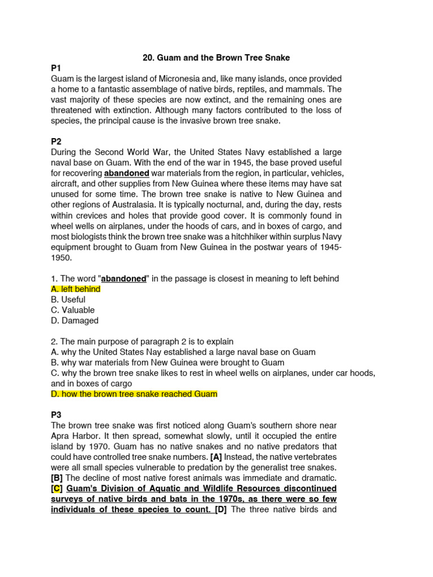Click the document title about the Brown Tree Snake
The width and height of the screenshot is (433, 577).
(216, 57)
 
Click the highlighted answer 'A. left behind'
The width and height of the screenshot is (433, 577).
(76, 289)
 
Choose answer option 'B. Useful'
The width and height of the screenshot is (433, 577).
(68, 300)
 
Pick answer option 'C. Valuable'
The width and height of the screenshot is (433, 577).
(73, 310)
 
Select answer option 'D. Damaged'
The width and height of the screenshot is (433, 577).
(74, 321)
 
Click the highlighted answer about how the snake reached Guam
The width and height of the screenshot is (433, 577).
(134, 394)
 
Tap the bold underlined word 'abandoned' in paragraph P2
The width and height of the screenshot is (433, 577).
(127, 174)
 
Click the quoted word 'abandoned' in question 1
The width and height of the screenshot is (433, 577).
(123, 279)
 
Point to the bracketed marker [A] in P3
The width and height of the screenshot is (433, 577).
(216, 457)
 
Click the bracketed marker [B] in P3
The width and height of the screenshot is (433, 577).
(57, 478)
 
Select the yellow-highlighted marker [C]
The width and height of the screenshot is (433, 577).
(57, 488)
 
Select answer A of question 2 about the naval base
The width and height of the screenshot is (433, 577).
(183, 352)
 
